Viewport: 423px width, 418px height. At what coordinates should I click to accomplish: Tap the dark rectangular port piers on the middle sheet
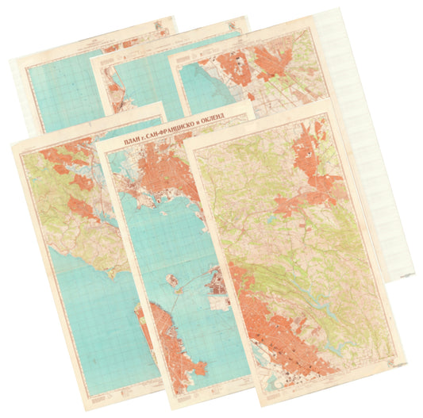click(216, 290)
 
